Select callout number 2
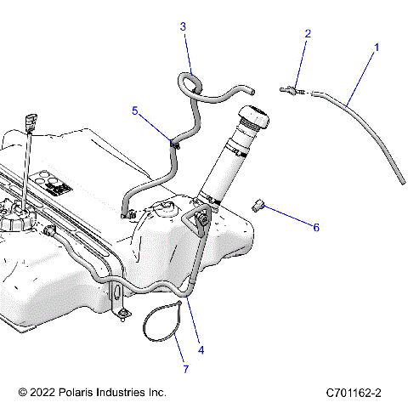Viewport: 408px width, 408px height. tap(308, 34)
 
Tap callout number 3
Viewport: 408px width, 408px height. tap(183, 26)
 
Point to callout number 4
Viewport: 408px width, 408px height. tap(201, 349)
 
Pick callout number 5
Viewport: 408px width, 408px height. tap(134, 110)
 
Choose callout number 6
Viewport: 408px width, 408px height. tap(316, 228)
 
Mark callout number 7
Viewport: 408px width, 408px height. tap(186, 369)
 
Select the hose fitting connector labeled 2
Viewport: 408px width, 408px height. tap(291, 89)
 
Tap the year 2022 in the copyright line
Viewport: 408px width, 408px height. tap(45, 393)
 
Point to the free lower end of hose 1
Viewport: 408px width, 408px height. tap(398, 181)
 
